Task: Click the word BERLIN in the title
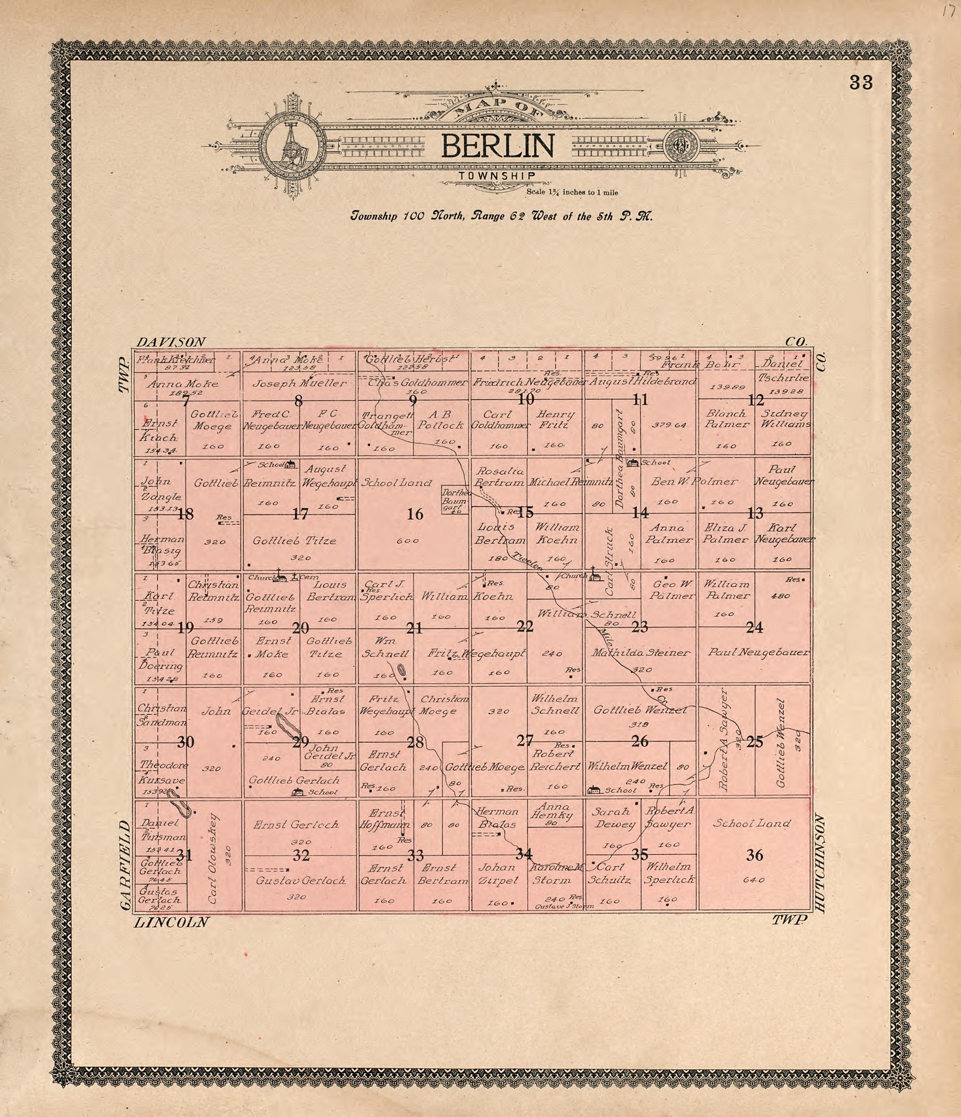[498, 146]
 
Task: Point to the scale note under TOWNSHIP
[572, 192]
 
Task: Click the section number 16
[415, 514]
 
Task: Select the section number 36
[755, 855]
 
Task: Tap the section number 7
[186, 401]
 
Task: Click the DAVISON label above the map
[171, 342]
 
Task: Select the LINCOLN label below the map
[171, 922]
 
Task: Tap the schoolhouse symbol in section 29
[297, 791]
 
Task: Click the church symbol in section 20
[280, 577]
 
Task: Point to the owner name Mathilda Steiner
[641, 653]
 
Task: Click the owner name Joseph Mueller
[299, 383]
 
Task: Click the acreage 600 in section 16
[408, 541]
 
